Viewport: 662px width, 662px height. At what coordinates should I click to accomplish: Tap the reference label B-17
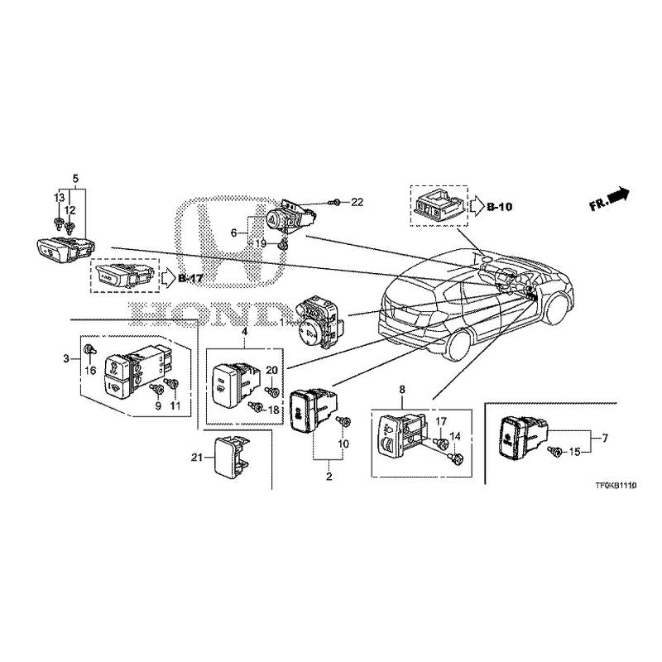(x=190, y=278)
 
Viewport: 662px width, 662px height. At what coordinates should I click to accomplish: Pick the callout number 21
(x=195, y=457)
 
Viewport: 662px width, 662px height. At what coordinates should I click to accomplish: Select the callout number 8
(x=402, y=389)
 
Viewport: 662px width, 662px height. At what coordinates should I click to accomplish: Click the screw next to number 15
(x=557, y=451)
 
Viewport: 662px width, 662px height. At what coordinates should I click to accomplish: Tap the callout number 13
(x=59, y=197)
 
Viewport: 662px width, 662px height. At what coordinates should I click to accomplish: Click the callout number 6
(x=234, y=233)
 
